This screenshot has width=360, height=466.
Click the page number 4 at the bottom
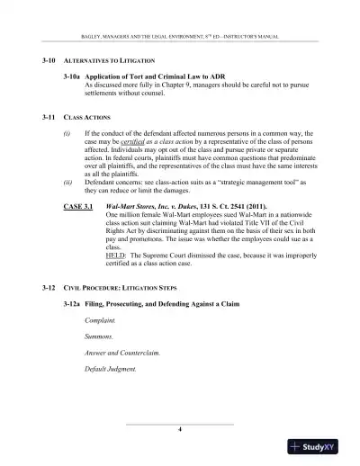click(181, 428)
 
